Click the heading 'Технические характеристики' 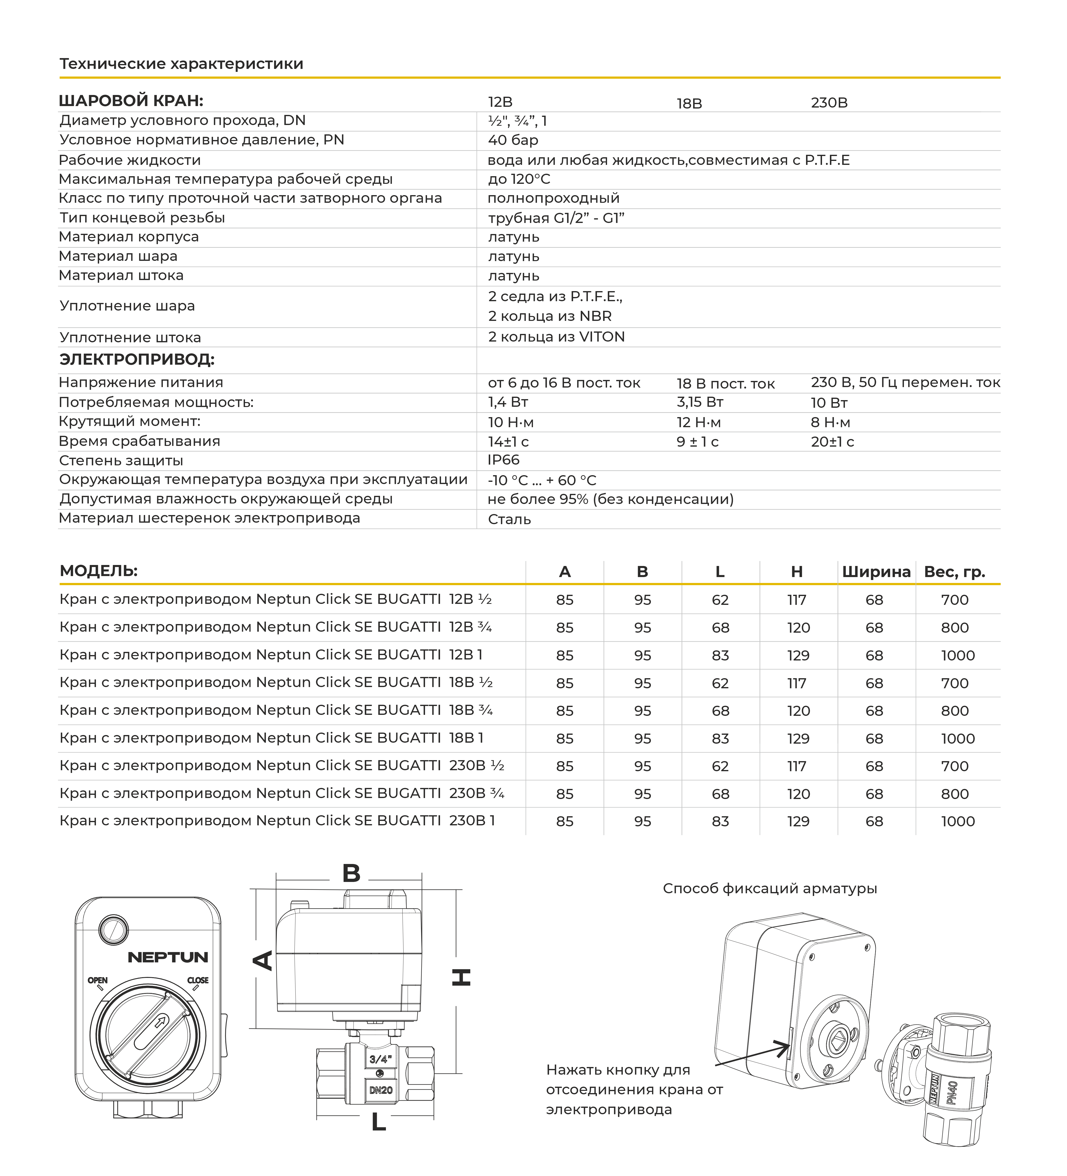pyautogui.click(x=181, y=63)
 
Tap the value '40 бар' pyautogui.click(x=513, y=140)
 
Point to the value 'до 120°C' pyautogui.click(x=519, y=179)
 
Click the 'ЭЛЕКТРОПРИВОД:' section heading pyautogui.click(x=137, y=359)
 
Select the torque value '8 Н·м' pyautogui.click(x=830, y=422)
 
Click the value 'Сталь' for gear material pyautogui.click(x=509, y=519)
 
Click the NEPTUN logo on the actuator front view pyautogui.click(x=168, y=957)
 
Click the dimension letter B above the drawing pyautogui.click(x=351, y=873)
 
